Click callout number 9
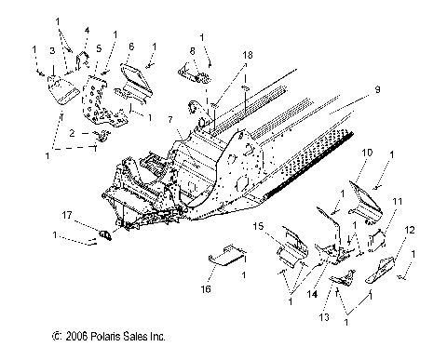pyautogui.click(x=377, y=90)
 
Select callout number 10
pyautogui.click(x=367, y=152)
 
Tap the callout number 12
pyautogui.click(x=411, y=230)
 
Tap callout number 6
pyautogui.click(x=131, y=47)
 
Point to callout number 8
pyautogui.click(x=192, y=51)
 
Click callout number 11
pyautogui.click(x=398, y=201)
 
